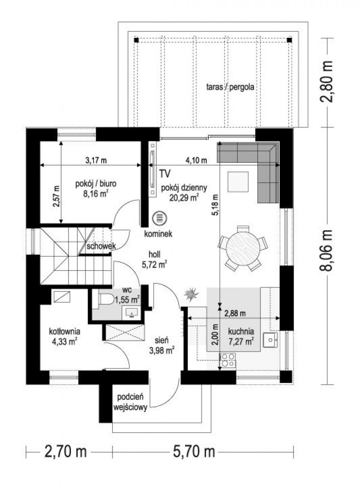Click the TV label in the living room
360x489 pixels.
click(165, 174)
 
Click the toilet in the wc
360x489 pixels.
click(106, 298)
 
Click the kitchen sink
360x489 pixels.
click(270, 340)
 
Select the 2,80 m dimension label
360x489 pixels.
click(326, 81)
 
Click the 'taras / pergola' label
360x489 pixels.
click(230, 87)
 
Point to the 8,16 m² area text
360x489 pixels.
click(96, 194)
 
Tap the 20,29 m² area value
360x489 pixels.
click(184, 197)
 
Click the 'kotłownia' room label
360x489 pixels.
click(65, 331)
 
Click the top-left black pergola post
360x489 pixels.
click(136, 40)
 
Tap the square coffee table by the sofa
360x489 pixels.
click(238, 182)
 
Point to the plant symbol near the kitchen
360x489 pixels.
click(191, 295)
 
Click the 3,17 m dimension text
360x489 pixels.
click(96, 161)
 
